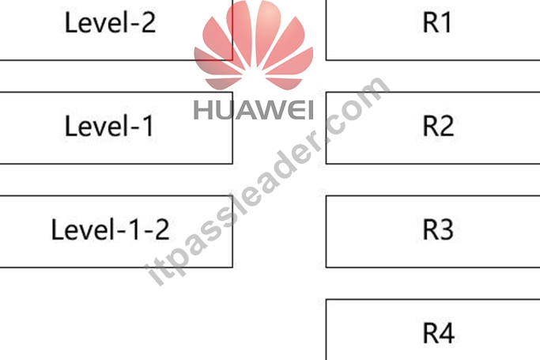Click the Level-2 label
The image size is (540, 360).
coord(110,23)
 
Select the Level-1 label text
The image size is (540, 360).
coord(109,126)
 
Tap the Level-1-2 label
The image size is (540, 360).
coord(110,229)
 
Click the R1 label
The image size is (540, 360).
coord(436,23)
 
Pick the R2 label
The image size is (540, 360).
coord(438,126)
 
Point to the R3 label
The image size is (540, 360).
coord(438,229)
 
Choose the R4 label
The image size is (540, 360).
coord(439,333)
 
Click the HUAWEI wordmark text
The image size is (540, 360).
coord(254,110)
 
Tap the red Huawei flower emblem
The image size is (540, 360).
coord(254,45)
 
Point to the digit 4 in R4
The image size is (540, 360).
coord(447,333)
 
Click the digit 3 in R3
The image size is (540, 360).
coord(446,229)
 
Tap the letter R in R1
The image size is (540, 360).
coord(430,23)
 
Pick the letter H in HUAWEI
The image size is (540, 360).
coord(202,110)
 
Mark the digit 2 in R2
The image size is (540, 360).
coord(446,126)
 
